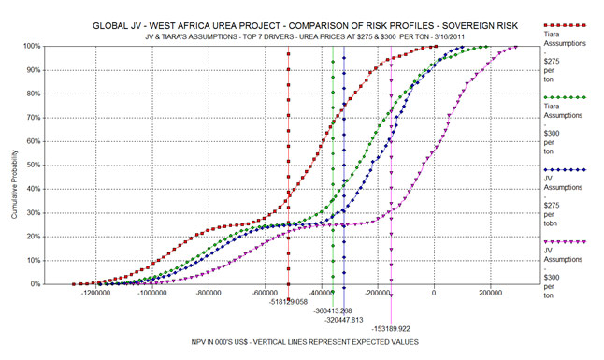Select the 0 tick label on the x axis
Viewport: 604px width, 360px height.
434,293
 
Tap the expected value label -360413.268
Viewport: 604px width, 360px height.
333,310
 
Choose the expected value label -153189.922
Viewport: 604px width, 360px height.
393,329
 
